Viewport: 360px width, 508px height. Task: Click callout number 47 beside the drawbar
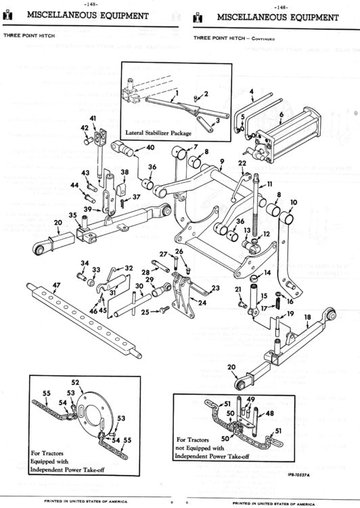pyautogui.click(x=38, y=285)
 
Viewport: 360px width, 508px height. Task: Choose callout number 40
pyautogui.click(x=150, y=147)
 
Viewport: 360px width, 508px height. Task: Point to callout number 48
pyautogui.click(x=270, y=412)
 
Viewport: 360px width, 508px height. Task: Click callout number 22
pyautogui.click(x=242, y=163)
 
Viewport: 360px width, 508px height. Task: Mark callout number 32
pyautogui.click(x=129, y=268)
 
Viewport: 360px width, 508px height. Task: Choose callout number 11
pyautogui.click(x=269, y=184)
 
